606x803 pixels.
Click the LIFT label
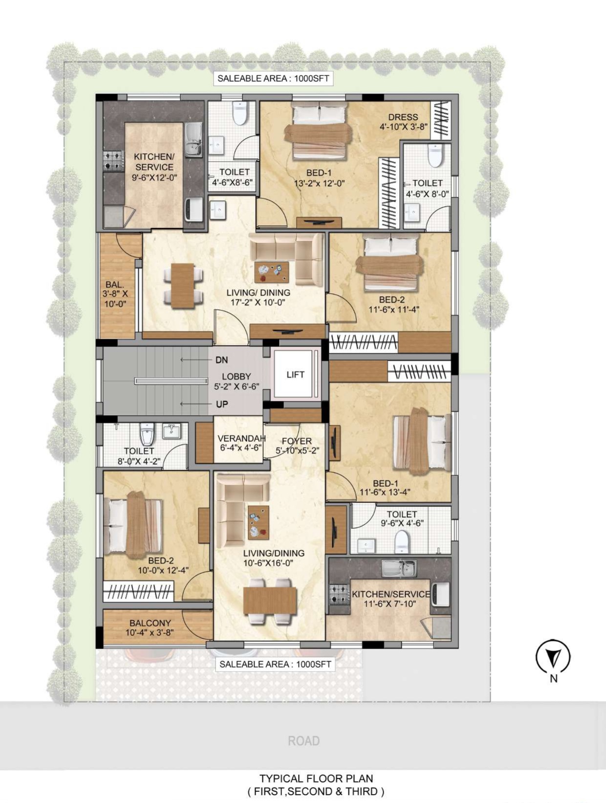point(296,374)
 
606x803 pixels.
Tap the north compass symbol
point(553,657)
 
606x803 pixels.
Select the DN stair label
point(221,360)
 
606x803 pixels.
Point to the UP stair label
point(221,404)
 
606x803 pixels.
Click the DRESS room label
point(403,117)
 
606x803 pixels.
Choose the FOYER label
point(297,441)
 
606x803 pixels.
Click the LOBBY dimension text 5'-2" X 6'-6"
point(237,386)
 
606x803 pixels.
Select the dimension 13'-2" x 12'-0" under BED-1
point(320,183)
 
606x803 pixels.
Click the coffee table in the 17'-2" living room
point(272,272)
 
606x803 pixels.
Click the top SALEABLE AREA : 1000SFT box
point(273,78)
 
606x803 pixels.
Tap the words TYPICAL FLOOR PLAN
point(316,778)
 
